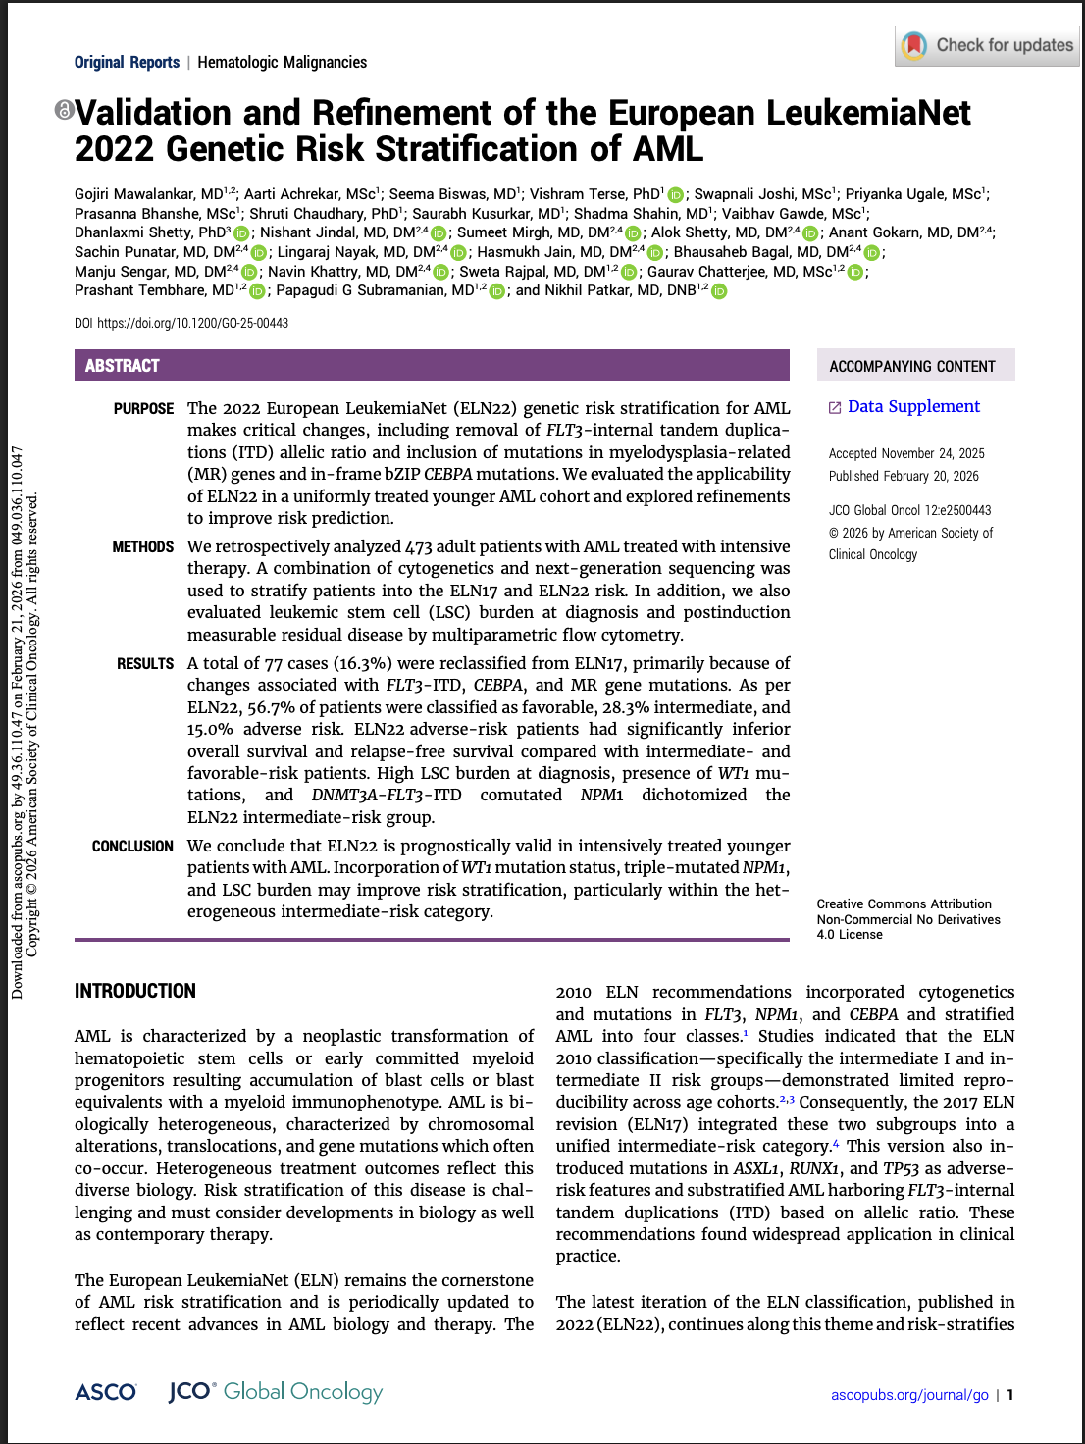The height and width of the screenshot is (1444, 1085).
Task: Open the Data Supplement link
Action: [x=912, y=407]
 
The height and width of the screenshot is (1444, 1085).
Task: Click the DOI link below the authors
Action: [x=192, y=323]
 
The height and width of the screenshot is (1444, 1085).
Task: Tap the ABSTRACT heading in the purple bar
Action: [x=123, y=366]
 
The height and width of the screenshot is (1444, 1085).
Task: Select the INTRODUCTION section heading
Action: [x=135, y=991]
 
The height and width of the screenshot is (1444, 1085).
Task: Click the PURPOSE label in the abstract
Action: [x=143, y=409]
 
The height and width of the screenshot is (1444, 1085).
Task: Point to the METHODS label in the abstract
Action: [x=142, y=547]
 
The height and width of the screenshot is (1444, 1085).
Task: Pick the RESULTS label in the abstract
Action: [x=145, y=664]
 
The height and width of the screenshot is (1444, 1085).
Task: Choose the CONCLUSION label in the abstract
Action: [x=132, y=847]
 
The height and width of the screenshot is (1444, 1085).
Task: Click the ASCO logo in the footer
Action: [x=106, y=1392]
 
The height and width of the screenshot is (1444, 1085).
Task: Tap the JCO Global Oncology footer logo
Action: [x=276, y=1392]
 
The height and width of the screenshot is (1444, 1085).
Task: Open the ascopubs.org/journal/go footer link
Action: [x=909, y=1395]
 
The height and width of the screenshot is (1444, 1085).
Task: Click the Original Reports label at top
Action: [x=127, y=62]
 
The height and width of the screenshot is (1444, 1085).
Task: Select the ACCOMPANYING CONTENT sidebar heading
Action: [x=912, y=367]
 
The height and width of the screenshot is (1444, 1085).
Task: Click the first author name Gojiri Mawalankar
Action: [x=148, y=194]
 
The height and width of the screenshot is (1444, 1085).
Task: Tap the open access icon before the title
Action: [x=64, y=110]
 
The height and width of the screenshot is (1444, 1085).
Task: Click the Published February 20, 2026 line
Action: [x=904, y=476]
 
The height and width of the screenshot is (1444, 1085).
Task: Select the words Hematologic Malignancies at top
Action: [x=283, y=62]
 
